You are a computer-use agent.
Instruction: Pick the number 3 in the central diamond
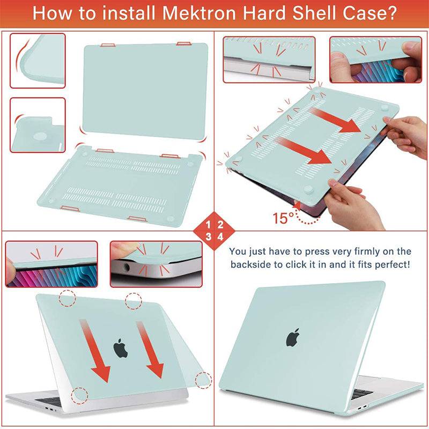[x=209, y=236]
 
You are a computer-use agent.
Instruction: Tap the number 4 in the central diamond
[x=220, y=236]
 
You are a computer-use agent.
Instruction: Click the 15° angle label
[x=284, y=218]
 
